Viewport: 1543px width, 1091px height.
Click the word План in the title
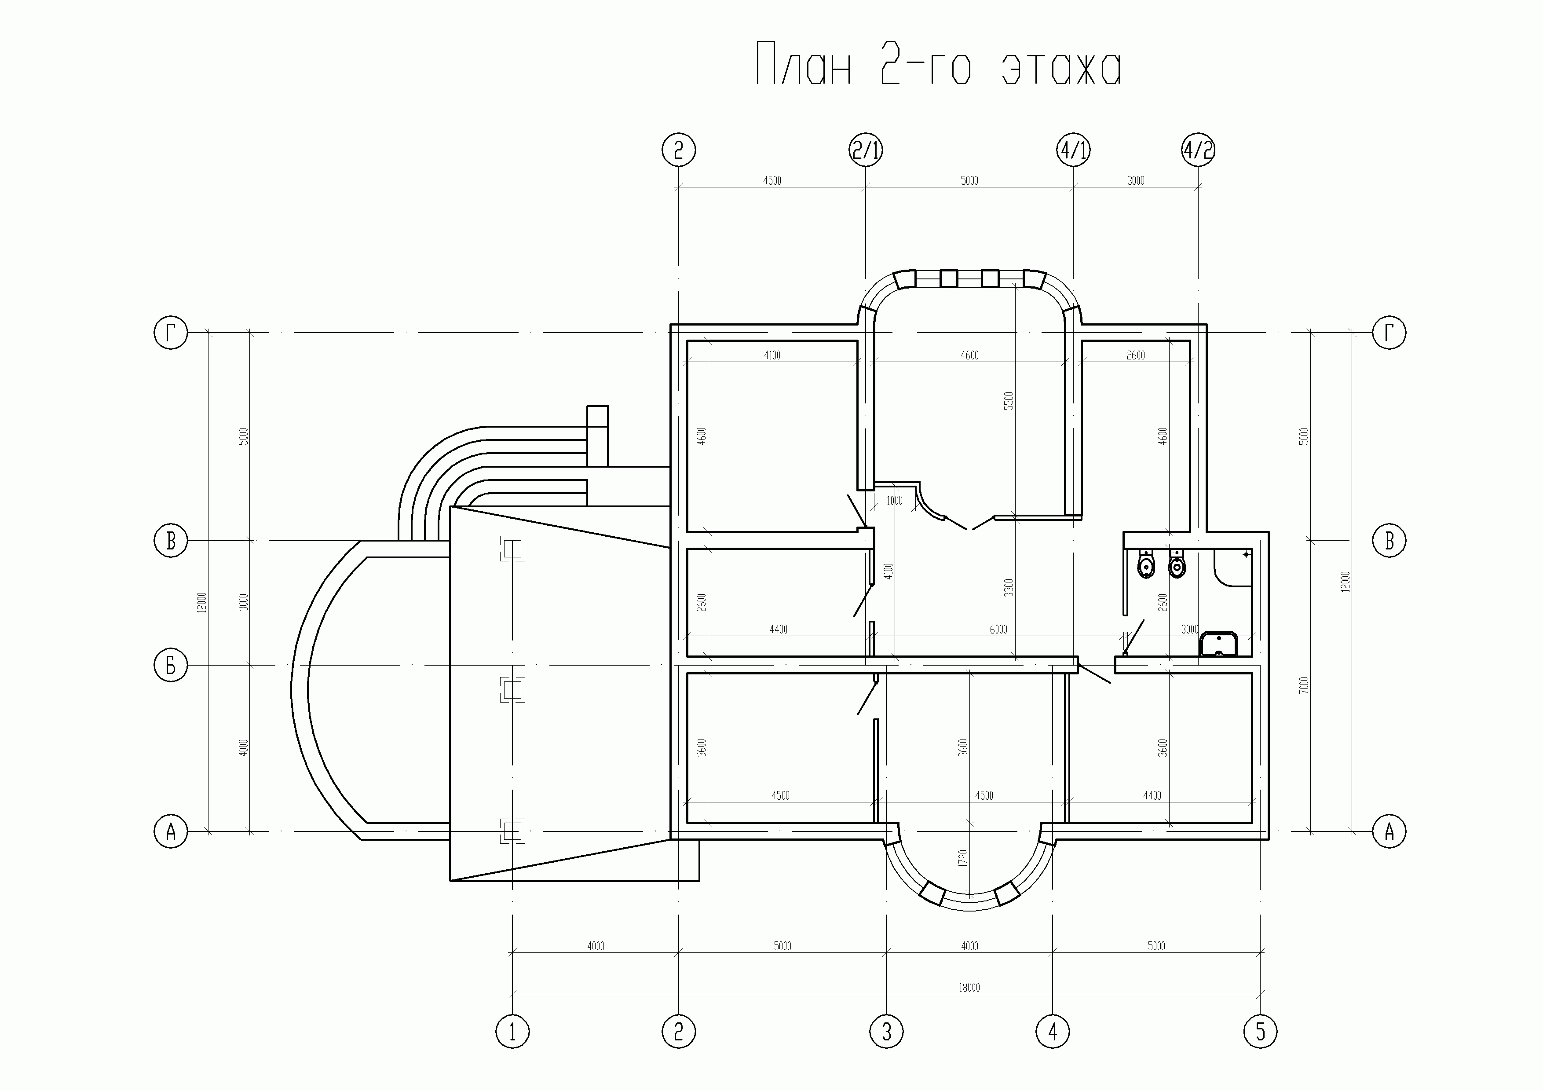pos(804,64)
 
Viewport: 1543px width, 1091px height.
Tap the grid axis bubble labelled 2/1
pos(866,150)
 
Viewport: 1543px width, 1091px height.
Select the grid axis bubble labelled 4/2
pos(1198,150)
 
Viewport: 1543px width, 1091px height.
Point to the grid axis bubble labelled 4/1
pos(1073,150)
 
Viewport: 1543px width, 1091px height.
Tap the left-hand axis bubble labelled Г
pos(171,333)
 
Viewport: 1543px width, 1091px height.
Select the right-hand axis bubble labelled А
pos(1389,831)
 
